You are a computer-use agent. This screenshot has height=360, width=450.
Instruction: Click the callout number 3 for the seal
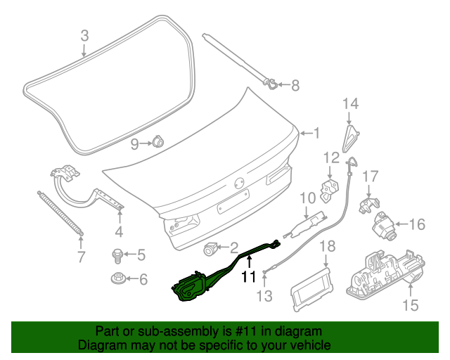pyautogui.click(x=84, y=35)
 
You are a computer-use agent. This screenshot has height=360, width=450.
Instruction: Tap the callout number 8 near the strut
pyautogui.click(x=295, y=86)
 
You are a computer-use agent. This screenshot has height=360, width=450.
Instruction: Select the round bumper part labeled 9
pyautogui.click(x=158, y=143)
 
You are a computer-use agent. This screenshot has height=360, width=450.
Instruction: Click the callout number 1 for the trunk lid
pyautogui.click(x=316, y=132)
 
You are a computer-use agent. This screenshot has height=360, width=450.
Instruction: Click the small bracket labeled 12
pyautogui.click(x=328, y=187)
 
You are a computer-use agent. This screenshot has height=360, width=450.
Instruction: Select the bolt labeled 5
pyautogui.click(x=117, y=254)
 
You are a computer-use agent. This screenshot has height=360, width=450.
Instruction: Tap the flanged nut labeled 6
pyautogui.click(x=117, y=279)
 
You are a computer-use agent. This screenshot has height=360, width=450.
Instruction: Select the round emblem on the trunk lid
pyautogui.click(x=240, y=181)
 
